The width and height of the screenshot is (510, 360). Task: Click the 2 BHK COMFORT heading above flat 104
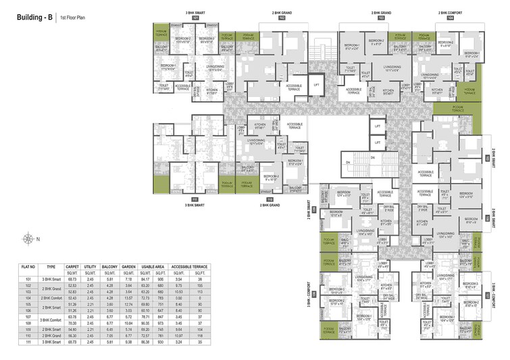[x=451, y=12]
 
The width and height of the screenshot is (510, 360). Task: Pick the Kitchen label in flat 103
[x=388, y=91]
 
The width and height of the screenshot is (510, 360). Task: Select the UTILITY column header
[x=89, y=267]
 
